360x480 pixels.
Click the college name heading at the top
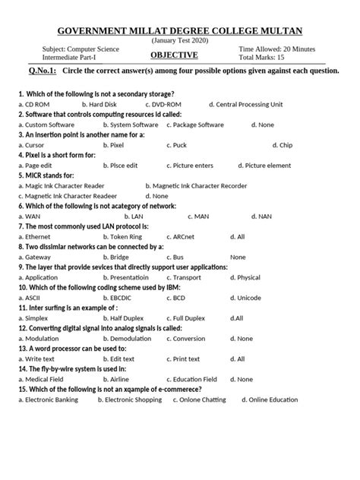[180, 30]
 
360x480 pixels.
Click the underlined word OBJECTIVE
[173, 55]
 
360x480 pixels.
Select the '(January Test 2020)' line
[180, 39]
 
